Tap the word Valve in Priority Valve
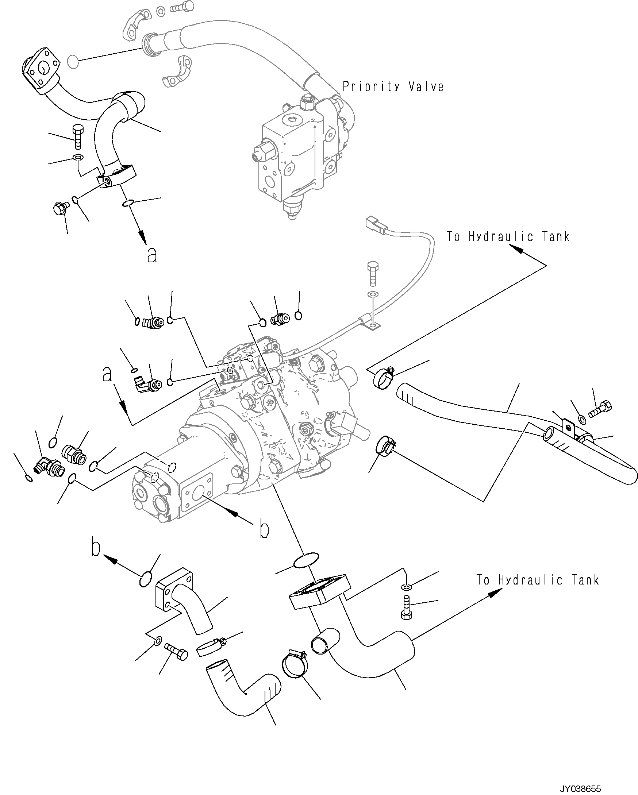click(426, 87)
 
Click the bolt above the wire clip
click(373, 274)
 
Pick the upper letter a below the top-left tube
click(152, 254)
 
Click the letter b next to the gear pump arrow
click(263, 529)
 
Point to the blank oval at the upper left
click(73, 62)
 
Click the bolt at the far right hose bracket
click(600, 410)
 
